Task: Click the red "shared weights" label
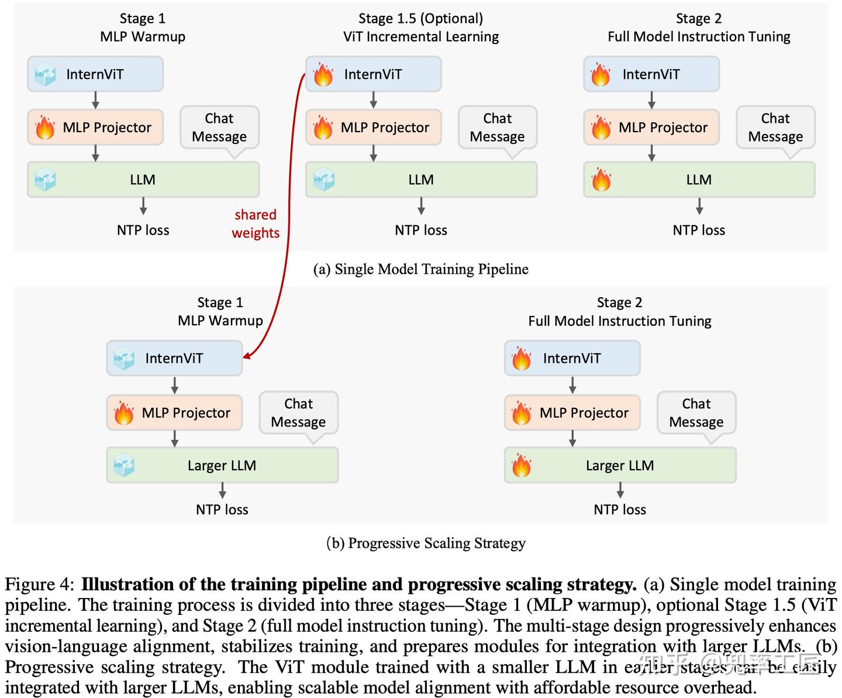click(256, 224)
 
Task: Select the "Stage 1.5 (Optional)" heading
click(420, 19)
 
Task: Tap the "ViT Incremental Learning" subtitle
click(420, 37)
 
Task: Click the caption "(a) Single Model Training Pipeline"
click(420, 269)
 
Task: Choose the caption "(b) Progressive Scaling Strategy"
click(426, 543)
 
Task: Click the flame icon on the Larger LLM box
click(521, 466)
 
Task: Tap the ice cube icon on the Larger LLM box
click(124, 466)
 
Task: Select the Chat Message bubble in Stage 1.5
click(497, 128)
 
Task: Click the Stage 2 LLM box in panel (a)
click(699, 180)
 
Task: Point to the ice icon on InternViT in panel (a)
click(45, 74)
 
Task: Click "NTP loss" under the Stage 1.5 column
click(420, 230)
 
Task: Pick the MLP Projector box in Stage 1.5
click(373, 128)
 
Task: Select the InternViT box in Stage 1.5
click(373, 74)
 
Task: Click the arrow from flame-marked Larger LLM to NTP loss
click(620, 490)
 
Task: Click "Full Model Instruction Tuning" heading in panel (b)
click(620, 321)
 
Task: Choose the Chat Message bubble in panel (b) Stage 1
click(298, 413)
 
